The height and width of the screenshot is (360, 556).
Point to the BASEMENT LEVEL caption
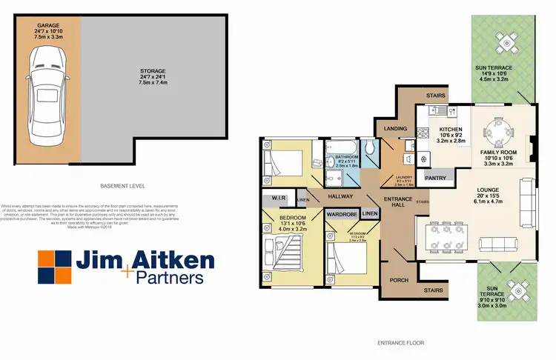123,185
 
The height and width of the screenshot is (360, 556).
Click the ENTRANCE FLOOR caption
401,343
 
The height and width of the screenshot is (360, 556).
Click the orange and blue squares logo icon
54,267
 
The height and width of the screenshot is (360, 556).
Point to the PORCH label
400,280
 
